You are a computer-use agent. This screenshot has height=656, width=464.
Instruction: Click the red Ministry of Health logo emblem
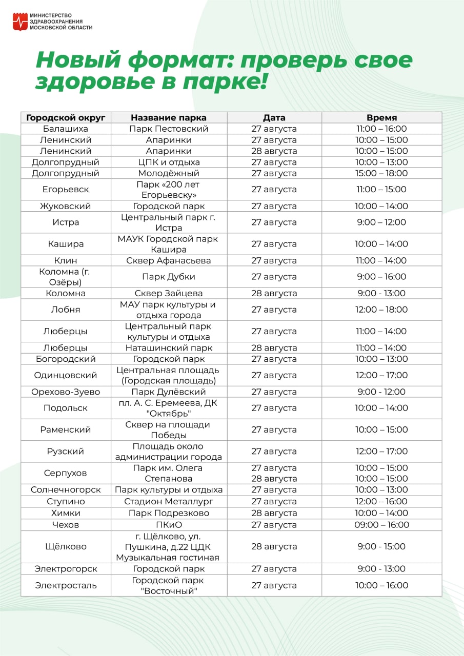click(x=20, y=22)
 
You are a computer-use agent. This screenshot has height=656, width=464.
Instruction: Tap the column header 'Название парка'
click(x=169, y=117)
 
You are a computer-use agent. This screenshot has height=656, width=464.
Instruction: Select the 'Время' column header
click(x=381, y=117)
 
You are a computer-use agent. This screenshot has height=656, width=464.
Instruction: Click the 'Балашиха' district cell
click(x=66, y=129)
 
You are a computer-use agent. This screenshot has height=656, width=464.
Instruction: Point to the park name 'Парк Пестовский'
click(x=169, y=129)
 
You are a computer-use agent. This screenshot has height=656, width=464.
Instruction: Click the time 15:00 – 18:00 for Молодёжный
click(x=381, y=173)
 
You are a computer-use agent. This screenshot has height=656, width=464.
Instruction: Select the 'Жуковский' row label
click(x=66, y=206)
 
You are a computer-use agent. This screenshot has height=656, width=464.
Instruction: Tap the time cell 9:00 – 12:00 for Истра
click(x=381, y=222)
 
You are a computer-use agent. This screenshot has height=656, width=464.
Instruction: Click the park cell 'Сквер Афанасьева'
click(x=169, y=260)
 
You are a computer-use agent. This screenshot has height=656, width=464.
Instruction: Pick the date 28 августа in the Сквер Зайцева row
click(x=274, y=293)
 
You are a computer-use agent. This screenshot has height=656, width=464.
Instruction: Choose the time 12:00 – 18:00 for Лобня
click(x=381, y=310)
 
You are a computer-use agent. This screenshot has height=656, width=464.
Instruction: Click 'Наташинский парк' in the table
click(x=169, y=347)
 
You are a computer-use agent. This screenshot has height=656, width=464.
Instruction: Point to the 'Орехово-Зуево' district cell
click(x=66, y=392)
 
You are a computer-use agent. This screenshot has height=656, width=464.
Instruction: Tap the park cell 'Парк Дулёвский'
click(x=169, y=392)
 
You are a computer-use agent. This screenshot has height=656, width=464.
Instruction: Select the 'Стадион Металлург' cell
click(x=169, y=501)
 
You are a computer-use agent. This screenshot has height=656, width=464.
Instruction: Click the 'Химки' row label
click(x=66, y=513)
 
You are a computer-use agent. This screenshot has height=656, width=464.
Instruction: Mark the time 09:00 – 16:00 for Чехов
click(x=381, y=524)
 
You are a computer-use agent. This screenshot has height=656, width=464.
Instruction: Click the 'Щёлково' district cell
click(x=66, y=546)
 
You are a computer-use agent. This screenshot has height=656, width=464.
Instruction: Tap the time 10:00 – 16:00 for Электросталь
click(x=381, y=585)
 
